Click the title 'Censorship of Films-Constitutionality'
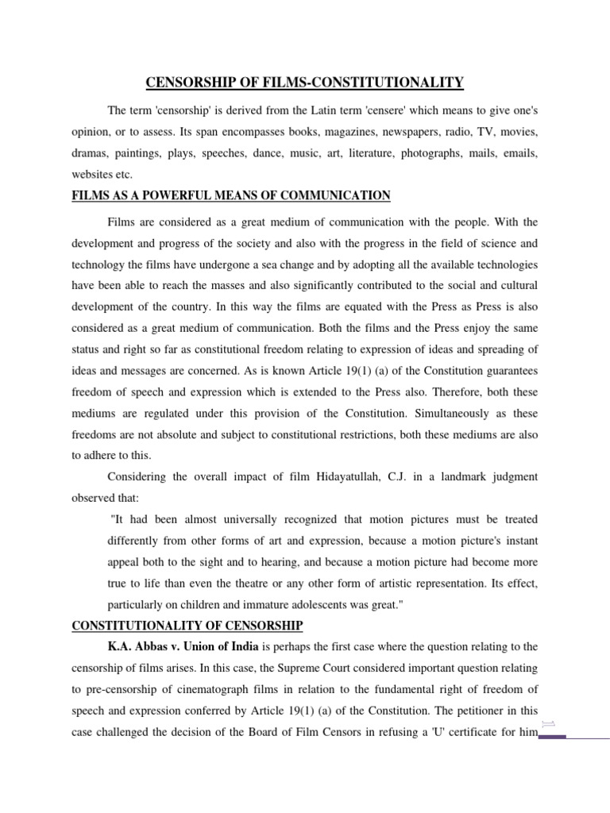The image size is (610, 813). [x=304, y=82]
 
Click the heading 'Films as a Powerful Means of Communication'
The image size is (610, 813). [x=230, y=195]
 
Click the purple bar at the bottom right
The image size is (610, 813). [x=552, y=737]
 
